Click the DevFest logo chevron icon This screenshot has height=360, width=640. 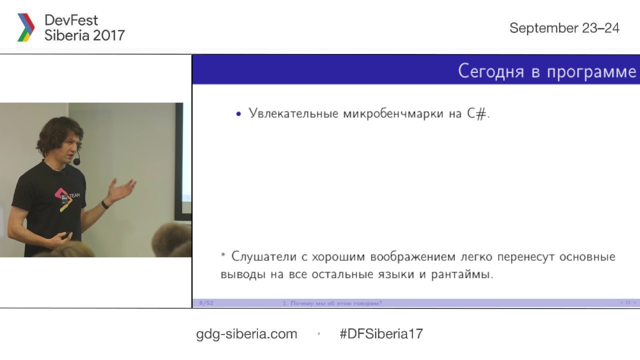pos(26,27)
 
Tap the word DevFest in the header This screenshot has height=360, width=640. pos(71,20)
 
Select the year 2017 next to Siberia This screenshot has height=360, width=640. pos(108,35)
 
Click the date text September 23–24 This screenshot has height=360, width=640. pos(564,28)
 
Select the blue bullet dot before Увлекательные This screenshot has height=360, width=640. pos(238,114)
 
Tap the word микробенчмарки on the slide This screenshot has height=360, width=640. pos(393,113)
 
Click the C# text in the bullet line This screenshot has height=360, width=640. pos(477,113)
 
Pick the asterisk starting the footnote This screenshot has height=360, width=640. pos(223,255)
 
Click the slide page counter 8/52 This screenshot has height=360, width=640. pos(206,303)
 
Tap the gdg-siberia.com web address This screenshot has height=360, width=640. pos(246,334)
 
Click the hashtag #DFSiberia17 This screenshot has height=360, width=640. pos(381,334)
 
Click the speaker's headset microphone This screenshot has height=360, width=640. pos(76,161)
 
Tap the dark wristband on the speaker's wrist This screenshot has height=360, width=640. pos(105,204)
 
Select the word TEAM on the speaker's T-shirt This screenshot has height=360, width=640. pos(74,195)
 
